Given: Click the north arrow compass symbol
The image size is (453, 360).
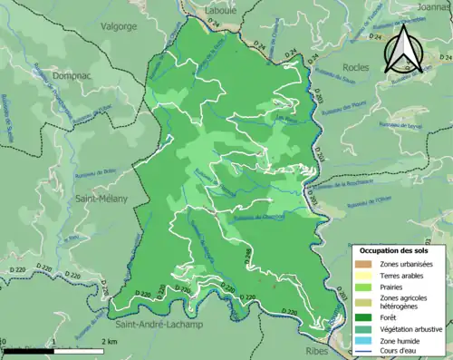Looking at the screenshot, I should [406, 49].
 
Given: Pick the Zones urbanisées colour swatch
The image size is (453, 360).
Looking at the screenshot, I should [363, 264].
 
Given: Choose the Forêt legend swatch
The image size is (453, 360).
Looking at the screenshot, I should [363, 317].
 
